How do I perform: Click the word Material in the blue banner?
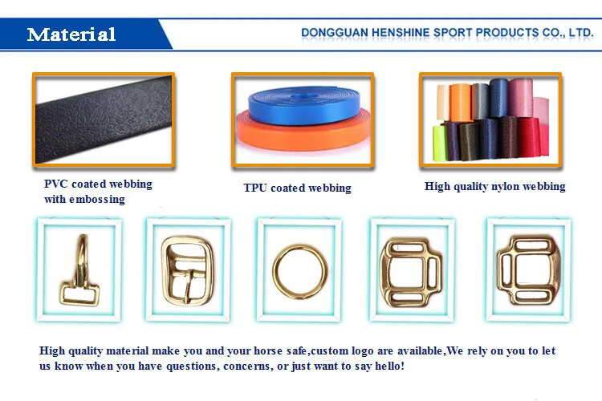(71, 34)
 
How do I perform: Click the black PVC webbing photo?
(102, 120)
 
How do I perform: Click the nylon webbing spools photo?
(488, 119)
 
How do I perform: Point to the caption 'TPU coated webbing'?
(297, 188)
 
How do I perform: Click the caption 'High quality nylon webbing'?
(494, 186)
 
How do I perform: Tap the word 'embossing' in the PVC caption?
(97, 199)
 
